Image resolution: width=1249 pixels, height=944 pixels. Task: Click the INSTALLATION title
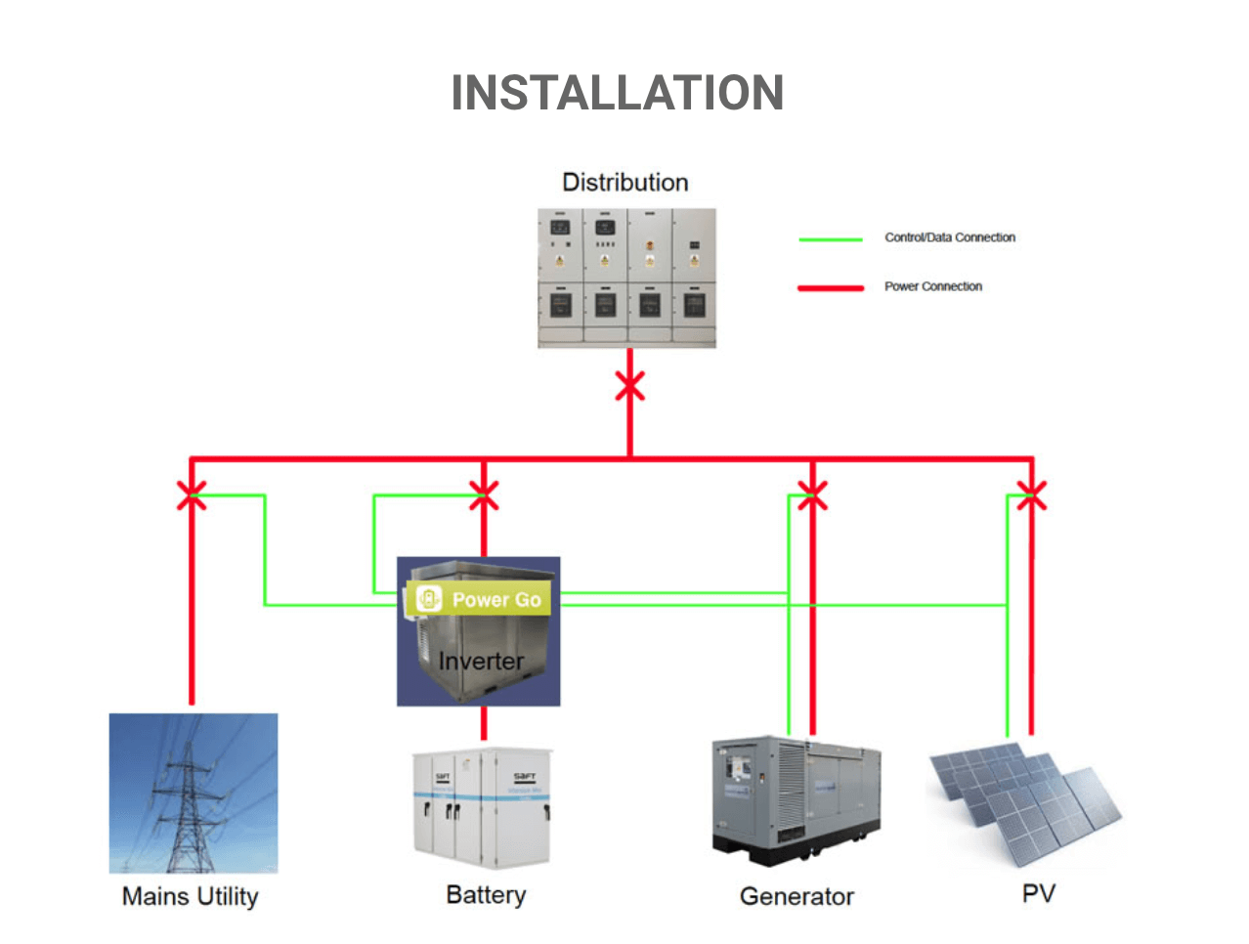click(617, 93)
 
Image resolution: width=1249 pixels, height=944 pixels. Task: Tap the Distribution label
click(625, 183)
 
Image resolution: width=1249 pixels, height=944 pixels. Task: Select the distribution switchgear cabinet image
click(626, 278)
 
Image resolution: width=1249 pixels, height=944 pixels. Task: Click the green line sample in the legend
click(830, 238)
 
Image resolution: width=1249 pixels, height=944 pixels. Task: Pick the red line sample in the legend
click(830, 288)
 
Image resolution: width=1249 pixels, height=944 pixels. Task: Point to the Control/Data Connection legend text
click(949, 237)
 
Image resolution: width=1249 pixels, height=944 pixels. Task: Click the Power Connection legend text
click(932, 286)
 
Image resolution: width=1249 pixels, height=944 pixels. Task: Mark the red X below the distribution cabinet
click(629, 387)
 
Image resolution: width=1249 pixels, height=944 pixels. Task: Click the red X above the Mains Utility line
click(192, 495)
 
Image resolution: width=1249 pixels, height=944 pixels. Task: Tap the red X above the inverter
click(484, 495)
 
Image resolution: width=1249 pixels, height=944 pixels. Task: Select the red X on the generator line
click(812, 495)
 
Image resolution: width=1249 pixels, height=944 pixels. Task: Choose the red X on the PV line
click(1031, 495)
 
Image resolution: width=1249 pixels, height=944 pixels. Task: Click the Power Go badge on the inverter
click(479, 599)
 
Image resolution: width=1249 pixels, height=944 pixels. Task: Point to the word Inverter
click(481, 662)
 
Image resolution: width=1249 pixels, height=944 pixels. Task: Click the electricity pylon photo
click(194, 793)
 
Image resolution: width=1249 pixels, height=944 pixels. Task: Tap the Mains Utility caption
click(191, 896)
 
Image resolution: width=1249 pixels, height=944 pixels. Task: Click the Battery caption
click(486, 895)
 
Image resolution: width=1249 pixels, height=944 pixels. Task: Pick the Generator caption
click(797, 896)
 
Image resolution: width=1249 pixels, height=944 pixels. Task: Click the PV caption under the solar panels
click(1038, 893)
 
